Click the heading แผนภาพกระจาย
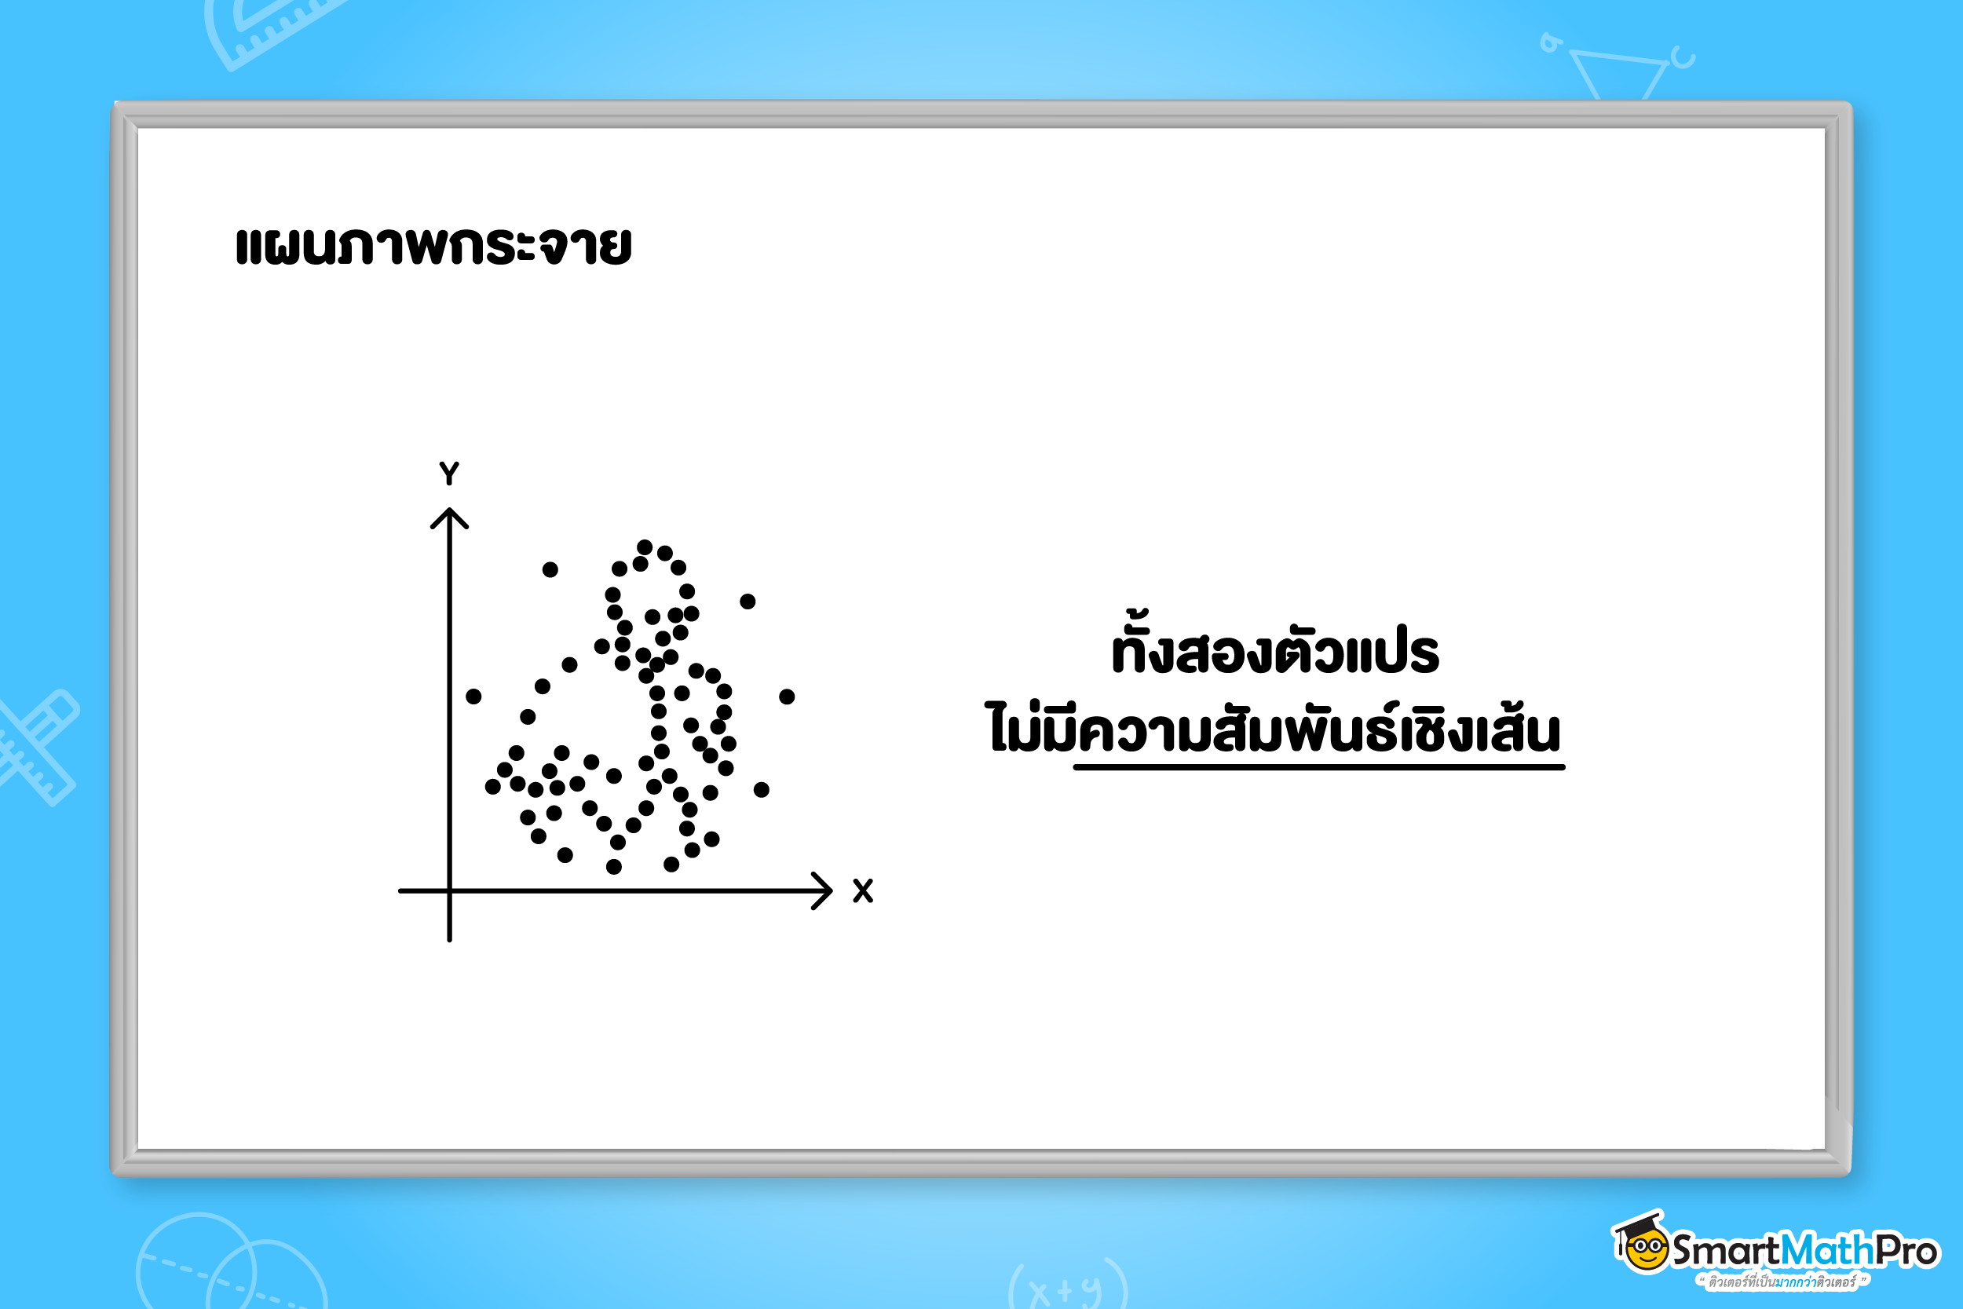pos(433,246)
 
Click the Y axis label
pos(449,474)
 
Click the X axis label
pos(863,890)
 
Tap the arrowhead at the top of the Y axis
pos(449,510)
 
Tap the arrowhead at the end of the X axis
pos(832,890)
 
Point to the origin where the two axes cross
pos(449,890)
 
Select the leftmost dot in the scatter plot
pos(473,697)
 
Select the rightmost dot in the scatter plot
pos(787,697)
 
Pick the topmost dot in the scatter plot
pos(645,547)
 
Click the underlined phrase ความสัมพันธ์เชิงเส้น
pos(1318,731)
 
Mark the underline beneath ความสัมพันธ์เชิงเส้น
pos(1318,766)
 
